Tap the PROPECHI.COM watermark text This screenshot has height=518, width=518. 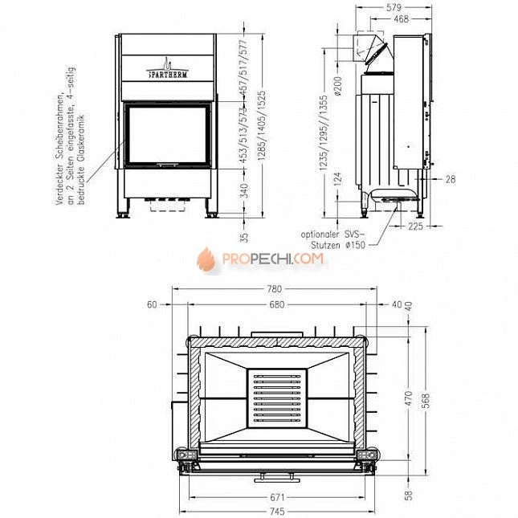tap(272, 259)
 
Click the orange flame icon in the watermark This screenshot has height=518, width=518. tap(206, 259)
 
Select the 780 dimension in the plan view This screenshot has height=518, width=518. tap(275, 289)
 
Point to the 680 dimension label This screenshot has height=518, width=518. tap(276, 304)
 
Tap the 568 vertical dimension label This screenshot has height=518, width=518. tap(426, 399)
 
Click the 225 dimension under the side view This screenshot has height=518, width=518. tap(415, 226)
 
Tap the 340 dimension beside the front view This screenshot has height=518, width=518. tap(245, 191)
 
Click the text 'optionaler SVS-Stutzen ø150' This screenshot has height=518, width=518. tap(333, 239)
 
